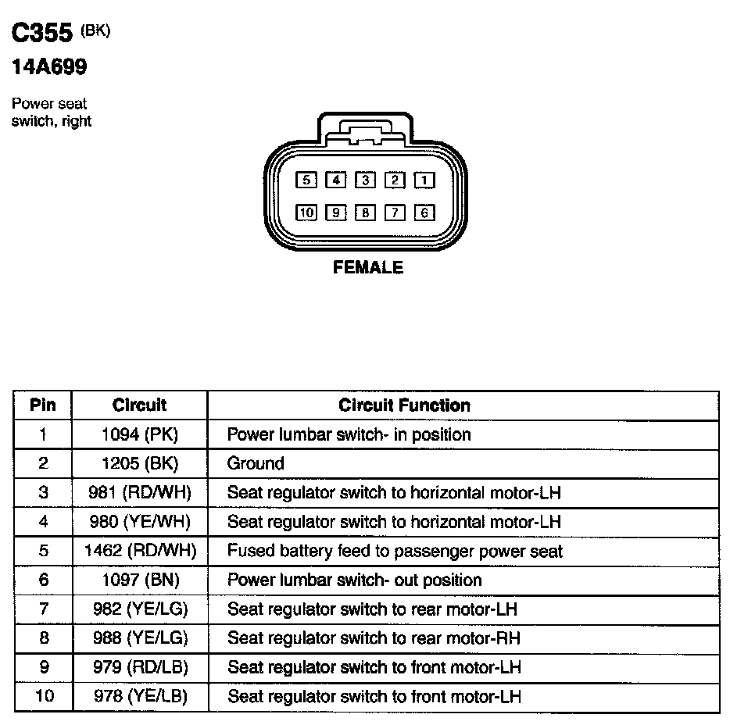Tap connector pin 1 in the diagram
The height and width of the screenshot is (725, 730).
[424, 180]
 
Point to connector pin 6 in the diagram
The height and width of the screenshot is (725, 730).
[424, 212]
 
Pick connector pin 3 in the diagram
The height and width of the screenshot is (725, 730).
[365, 180]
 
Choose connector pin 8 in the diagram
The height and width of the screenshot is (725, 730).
[365, 212]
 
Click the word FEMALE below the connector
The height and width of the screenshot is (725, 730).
[368, 267]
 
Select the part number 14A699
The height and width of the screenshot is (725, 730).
[48, 68]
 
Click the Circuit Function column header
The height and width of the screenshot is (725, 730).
[404, 405]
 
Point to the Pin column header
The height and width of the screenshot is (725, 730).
[43, 405]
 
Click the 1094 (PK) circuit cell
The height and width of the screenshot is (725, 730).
[139, 434]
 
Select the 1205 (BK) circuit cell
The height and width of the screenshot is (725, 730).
[139, 463]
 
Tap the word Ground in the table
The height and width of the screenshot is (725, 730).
[256, 463]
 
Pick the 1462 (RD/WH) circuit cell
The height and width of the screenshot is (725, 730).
[139, 551]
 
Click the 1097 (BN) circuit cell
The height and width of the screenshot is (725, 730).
[139, 580]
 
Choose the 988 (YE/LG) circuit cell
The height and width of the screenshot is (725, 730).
[139, 638]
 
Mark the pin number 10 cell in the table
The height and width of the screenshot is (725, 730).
[43, 696]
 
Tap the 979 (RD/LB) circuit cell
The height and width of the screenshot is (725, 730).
[139, 667]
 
